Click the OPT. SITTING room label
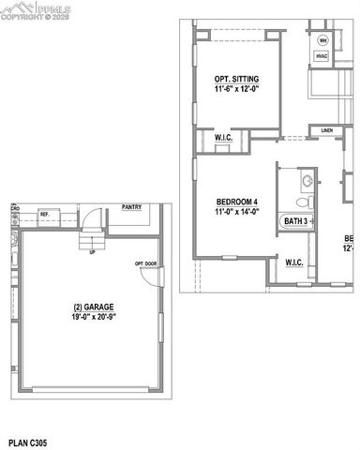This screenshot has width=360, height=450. coord(237,78)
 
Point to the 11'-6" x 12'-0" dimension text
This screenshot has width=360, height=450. coord(237,88)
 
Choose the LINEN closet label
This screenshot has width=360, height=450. coord(326,130)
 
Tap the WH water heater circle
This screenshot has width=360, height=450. coord(323,40)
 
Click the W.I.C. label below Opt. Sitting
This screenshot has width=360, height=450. coord(223,138)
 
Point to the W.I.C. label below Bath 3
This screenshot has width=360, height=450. coord(293,262)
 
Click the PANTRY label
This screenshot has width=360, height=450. coord(131,208)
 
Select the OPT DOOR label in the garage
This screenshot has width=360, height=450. coord(144,263)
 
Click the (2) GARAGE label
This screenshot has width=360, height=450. coord(86,307)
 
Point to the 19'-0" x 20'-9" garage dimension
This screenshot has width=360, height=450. coord(86,319)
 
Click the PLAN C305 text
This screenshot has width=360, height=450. coord(31,440)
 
